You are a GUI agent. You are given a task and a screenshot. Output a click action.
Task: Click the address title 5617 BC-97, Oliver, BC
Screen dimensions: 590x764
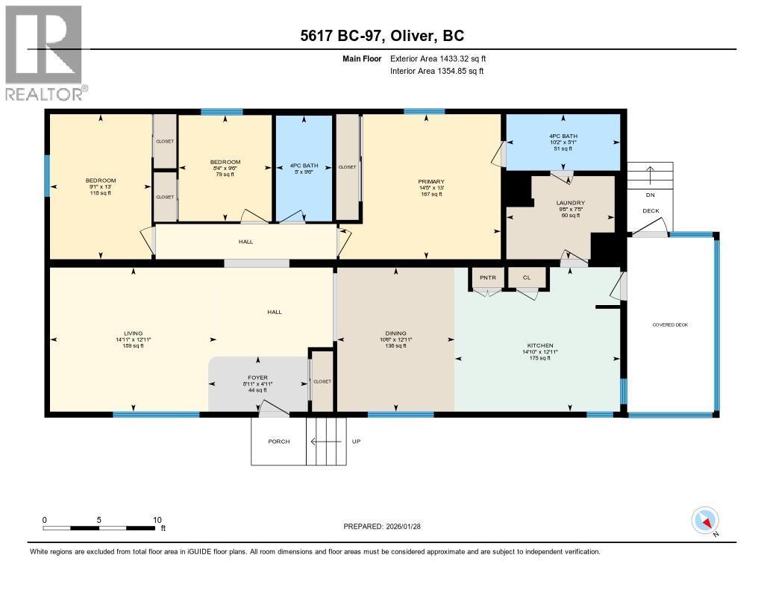pyautogui.click(x=381, y=36)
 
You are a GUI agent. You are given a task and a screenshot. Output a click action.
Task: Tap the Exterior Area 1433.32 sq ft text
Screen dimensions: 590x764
pyautogui.click(x=438, y=58)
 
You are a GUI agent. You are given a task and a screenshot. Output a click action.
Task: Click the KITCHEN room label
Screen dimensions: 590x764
pyautogui.click(x=539, y=345)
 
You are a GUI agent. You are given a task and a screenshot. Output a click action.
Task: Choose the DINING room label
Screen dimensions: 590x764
pyautogui.click(x=395, y=333)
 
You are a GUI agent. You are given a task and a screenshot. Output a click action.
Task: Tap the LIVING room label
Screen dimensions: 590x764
pyautogui.click(x=134, y=333)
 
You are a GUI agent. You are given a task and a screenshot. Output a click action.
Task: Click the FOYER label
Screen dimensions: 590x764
pyautogui.click(x=258, y=377)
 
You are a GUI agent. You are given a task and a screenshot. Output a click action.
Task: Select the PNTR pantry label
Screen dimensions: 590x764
pyautogui.click(x=487, y=277)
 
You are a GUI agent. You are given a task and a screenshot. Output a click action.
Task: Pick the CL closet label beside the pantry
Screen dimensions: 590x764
pyautogui.click(x=527, y=277)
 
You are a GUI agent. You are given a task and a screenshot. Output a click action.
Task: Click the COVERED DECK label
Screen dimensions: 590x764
pyautogui.click(x=670, y=325)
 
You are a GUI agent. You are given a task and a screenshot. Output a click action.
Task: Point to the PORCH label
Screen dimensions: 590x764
pyautogui.click(x=278, y=442)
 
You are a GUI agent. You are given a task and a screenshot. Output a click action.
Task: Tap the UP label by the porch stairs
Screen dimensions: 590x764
pyautogui.click(x=356, y=442)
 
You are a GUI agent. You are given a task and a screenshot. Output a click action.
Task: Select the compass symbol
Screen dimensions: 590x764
pyautogui.click(x=704, y=520)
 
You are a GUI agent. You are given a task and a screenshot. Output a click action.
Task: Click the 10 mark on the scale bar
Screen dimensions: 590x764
pyautogui.click(x=157, y=520)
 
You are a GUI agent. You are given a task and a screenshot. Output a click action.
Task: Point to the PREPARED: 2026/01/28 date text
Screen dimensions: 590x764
pyautogui.click(x=386, y=526)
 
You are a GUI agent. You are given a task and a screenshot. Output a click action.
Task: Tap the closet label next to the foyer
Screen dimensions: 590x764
pyautogui.click(x=322, y=381)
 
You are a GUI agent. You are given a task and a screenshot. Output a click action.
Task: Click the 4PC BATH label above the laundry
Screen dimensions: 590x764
pyautogui.click(x=563, y=136)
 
